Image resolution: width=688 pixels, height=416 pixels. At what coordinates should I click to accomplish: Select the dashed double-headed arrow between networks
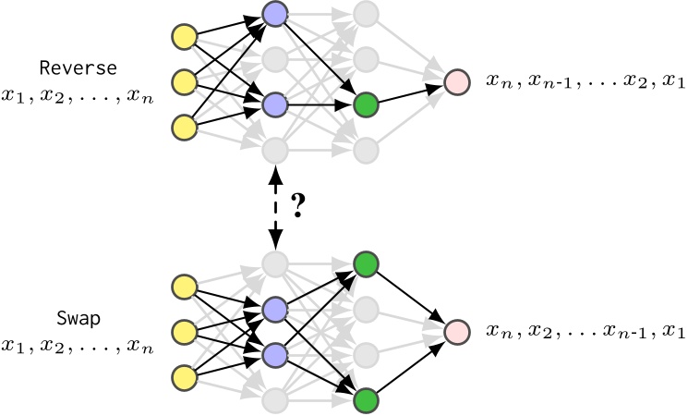[x=274, y=207]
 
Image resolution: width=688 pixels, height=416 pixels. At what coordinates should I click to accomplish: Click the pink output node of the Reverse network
[x=457, y=81]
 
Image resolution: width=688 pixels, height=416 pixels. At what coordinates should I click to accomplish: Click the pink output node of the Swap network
[x=457, y=332]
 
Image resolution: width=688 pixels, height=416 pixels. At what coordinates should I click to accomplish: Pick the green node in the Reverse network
[x=367, y=104]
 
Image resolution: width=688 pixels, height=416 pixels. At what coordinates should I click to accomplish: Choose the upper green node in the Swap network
[x=367, y=264]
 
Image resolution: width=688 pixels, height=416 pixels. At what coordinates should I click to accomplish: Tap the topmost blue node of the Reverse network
[x=274, y=14]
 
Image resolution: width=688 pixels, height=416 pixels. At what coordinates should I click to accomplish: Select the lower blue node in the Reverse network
[x=274, y=104]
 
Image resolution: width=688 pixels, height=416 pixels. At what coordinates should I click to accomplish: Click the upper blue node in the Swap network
[x=274, y=309]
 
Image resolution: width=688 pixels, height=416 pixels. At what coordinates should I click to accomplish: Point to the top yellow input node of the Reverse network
[x=185, y=37]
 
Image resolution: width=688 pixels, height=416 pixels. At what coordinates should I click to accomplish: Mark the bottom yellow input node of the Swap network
[x=185, y=377]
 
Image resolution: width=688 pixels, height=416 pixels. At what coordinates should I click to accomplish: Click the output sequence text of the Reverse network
[x=585, y=82]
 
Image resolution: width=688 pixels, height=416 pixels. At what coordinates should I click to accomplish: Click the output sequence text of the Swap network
[x=585, y=332]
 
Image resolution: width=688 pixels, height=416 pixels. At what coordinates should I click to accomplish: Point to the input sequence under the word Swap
[x=78, y=348]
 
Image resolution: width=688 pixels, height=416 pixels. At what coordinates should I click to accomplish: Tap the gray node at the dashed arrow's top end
[x=274, y=149]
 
